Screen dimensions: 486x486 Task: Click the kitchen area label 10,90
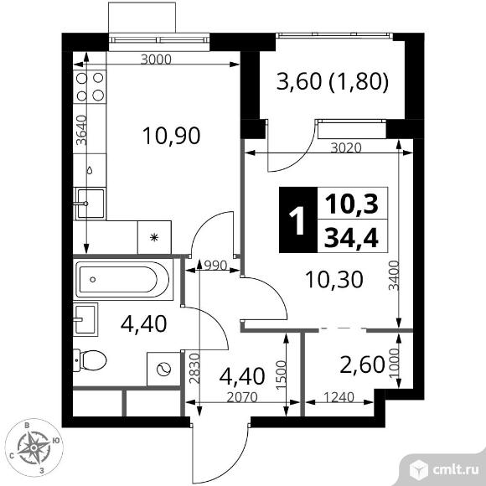point(172,136)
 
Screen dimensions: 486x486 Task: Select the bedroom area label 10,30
point(333,280)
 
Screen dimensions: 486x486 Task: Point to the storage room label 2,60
point(362,364)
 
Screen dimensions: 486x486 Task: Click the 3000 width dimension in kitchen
point(156,59)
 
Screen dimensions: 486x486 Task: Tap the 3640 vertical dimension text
point(82,130)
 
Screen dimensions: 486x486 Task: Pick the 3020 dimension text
point(346,147)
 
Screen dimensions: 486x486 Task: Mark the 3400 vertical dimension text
point(395,276)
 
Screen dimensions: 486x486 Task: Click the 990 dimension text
point(215,266)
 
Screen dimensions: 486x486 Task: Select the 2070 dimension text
point(242,397)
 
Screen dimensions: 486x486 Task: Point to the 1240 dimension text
point(339,397)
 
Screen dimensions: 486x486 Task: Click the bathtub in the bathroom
point(122,280)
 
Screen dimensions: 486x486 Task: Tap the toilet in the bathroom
point(90,360)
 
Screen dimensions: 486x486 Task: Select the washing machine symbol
point(163,370)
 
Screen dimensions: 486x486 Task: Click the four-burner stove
point(90,87)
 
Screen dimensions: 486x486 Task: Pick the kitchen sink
point(90,204)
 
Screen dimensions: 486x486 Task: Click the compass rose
point(34,447)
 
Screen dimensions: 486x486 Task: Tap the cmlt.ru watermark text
point(456,470)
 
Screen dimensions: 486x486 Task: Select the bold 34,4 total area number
point(351,238)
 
